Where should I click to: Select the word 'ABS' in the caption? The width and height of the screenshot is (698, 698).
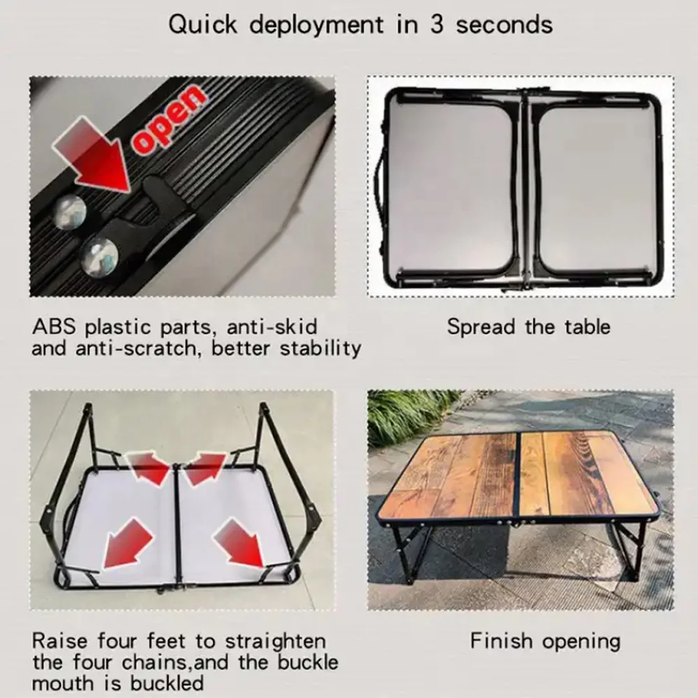54,326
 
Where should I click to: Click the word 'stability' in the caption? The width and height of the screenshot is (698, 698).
320,348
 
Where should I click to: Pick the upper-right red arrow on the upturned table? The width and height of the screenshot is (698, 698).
207,466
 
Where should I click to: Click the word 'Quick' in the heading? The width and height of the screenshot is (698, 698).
202,25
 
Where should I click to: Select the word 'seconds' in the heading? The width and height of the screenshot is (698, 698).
504,25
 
